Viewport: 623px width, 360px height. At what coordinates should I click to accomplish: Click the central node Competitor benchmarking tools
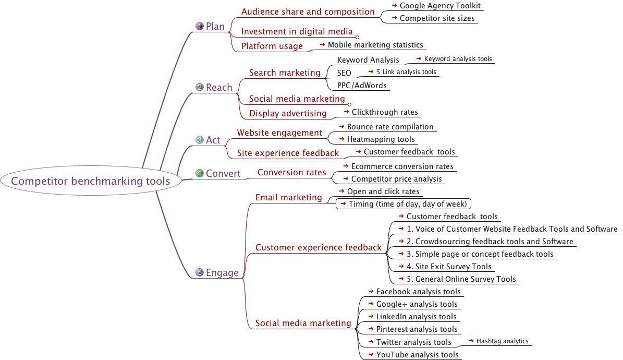[x=91, y=181]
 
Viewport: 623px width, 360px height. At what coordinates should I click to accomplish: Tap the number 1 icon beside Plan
[x=199, y=26]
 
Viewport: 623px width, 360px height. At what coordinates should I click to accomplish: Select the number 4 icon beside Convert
[x=199, y=173]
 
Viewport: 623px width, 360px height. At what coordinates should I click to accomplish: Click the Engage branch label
[x=222, y=272]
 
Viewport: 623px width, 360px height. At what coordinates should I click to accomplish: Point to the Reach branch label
[x=219, y=87]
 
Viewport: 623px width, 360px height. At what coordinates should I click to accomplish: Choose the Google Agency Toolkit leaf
[x=440, y=6]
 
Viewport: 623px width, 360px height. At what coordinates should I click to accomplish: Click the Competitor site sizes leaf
[x=437, y=18]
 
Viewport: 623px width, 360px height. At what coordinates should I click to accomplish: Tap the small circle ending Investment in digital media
[x=358, y=37]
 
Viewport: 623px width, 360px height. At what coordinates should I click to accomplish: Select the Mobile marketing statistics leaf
[x=375, y=45]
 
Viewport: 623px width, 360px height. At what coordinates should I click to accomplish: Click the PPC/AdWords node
[x=362, y=85]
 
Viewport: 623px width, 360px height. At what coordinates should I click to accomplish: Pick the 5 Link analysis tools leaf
[x=406, y=72]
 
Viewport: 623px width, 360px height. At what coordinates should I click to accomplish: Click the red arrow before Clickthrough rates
[x=347, y=112]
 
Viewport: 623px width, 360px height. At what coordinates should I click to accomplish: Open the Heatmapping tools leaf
[x=381, y=139]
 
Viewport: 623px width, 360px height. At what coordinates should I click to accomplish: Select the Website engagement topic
[x=279, y=133]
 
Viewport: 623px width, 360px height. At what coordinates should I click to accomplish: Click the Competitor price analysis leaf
[x=396, y=179]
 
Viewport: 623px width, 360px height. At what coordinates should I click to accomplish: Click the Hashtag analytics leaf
[x=502, y=341]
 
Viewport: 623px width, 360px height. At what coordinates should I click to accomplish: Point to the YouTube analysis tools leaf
[x=417, y=355]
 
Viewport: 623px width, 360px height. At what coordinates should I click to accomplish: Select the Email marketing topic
[x=289, y=197]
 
